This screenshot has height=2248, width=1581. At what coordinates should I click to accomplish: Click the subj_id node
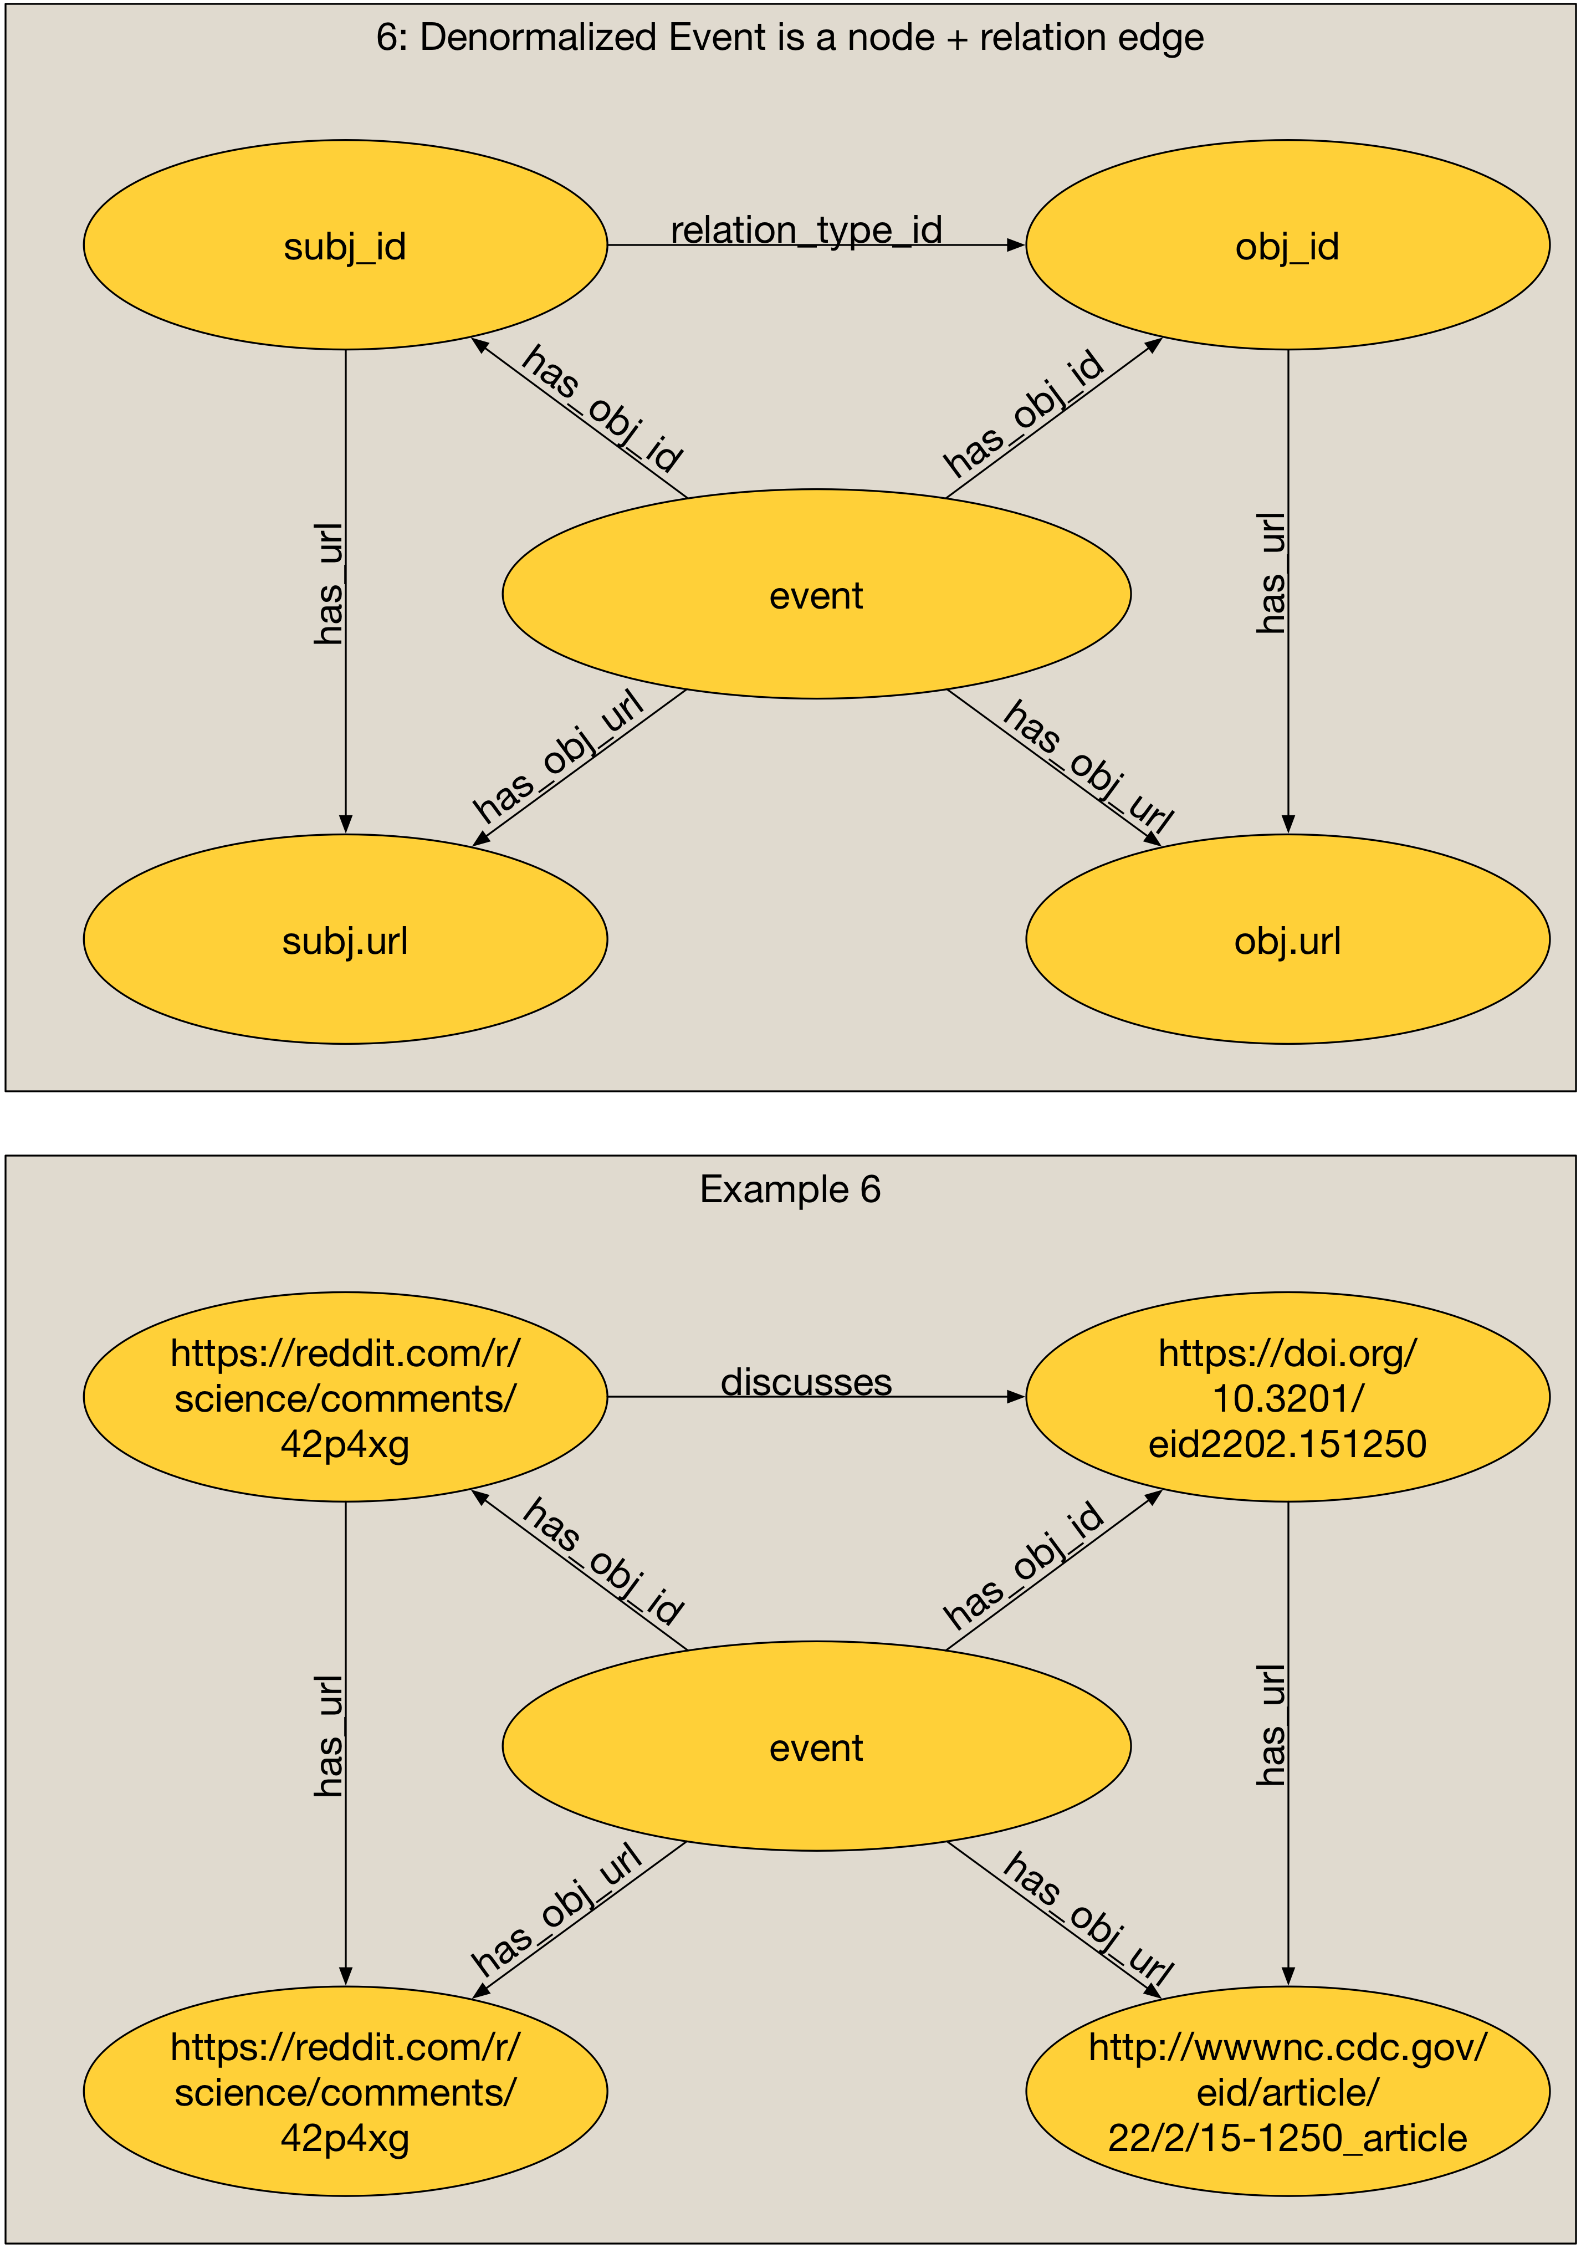click(345, 245)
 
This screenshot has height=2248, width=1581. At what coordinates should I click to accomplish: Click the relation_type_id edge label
click(806, 230)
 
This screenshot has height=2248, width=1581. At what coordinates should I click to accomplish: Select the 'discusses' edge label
click(806, 1382)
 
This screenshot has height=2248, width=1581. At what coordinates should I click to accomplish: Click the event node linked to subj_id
click(816, 594)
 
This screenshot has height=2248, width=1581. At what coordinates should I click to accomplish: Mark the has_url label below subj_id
click(329, 585)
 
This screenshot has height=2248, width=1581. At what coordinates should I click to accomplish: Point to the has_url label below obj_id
click(1271, 573)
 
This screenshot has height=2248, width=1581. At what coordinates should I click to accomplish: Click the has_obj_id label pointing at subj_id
click(602, 408)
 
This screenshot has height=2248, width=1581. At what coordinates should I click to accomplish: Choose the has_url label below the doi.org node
click(1271, 1725)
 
